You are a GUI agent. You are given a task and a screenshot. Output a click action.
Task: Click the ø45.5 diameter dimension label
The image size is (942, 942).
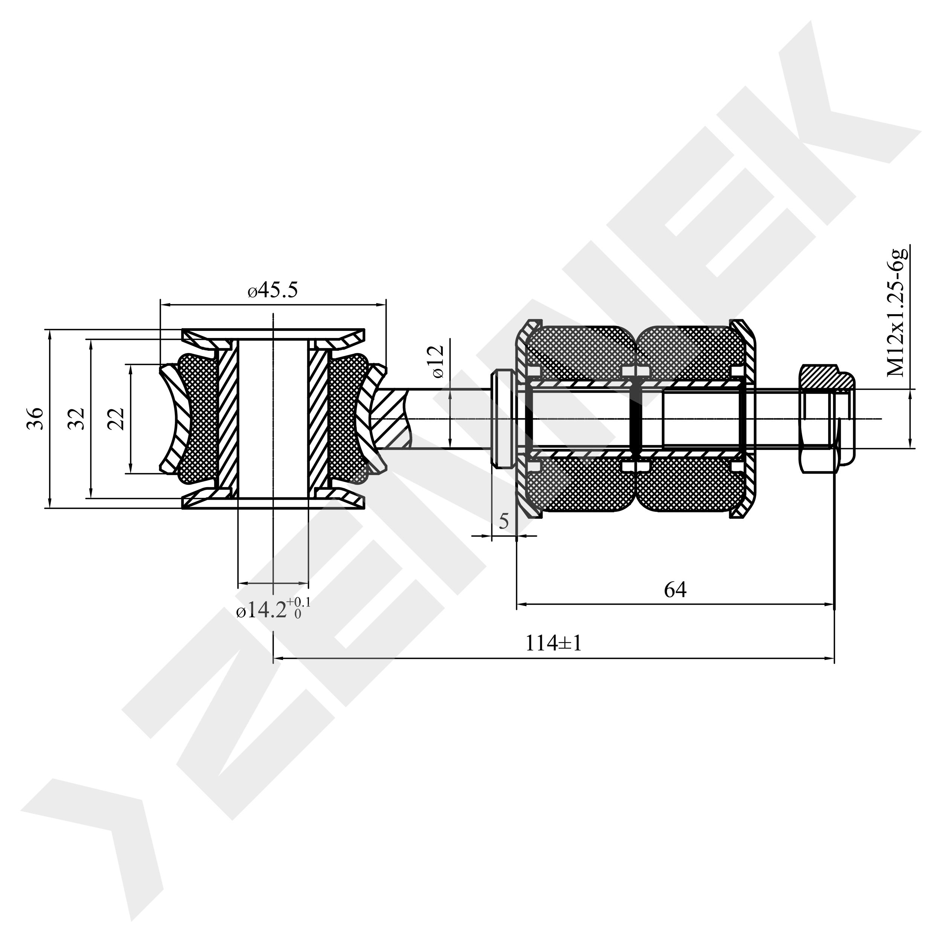point(272,291)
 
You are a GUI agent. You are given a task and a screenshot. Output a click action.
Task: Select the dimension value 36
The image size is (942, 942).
point(35,418)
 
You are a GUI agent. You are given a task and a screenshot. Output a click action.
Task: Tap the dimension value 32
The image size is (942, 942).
point(76,418)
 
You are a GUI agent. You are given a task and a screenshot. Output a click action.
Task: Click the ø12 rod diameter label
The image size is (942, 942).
point(437,361)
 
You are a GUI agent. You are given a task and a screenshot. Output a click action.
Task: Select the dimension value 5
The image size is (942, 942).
point(504,521)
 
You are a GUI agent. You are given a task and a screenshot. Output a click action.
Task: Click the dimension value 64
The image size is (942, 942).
point(675,590)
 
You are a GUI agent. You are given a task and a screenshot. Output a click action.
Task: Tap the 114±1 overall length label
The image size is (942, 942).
point(554,644)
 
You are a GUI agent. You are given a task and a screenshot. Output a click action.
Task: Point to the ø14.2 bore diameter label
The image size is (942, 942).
point(274,609)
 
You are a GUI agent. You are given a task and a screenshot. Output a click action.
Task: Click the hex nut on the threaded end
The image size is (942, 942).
point(827,418)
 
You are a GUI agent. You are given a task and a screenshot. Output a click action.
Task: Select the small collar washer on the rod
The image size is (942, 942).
point(503,418)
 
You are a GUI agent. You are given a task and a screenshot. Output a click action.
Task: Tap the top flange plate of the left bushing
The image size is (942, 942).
point(273,335)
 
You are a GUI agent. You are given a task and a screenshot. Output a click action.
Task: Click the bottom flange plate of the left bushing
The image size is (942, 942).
point(273,503)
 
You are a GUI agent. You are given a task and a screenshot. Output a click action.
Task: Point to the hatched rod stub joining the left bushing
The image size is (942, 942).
point(390,418)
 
